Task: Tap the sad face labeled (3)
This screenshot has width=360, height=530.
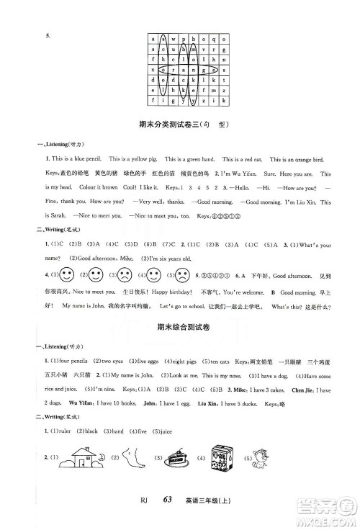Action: pos(104,295)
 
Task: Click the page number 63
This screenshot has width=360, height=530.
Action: pos(170,513)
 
